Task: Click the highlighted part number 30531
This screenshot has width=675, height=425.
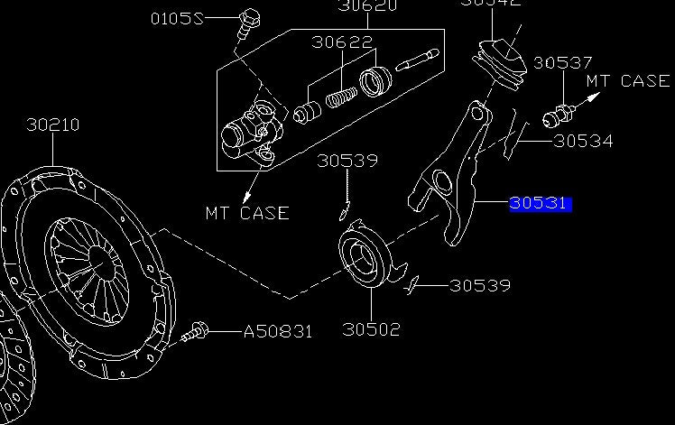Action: pyautogui.click(x=539, y=203)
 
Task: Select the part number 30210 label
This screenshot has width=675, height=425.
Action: pyautogui.click(x=52, y=125)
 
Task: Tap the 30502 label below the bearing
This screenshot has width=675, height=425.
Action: pyautogui.click(x=370, y=329)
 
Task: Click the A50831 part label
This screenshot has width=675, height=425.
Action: pyautogui.click(x=278, y=331)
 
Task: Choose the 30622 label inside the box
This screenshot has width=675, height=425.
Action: pyautogui.click(x=342, y=42)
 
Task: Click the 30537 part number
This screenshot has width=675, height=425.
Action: pyautogui.click(x=562, y=63)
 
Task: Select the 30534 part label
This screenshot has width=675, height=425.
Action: pyautogui.click(x=583, y=141)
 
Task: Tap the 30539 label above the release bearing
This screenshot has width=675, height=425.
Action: pyautogui.click(x=347, y=162)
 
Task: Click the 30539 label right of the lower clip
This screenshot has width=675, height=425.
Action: pyautogui.click(x=480, y=285)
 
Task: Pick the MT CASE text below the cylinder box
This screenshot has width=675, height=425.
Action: pyautogui.click(x=246, y=213)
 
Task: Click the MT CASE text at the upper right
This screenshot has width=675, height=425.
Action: pyautogui.click(x=628, y=81)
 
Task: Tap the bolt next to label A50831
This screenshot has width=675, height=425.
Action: pyautogui.click(x=195, y=333)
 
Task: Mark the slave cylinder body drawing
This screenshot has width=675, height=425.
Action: pyautogui.click(x=248, y=131)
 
